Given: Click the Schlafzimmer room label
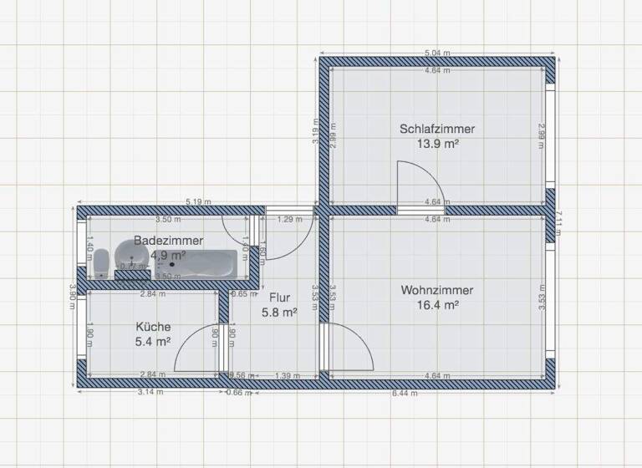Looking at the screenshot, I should pyautogui.click(x=436, y=130).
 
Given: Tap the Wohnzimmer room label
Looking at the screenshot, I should pyautogui.click(x=436, y=290).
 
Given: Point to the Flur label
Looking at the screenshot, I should pyautogui.click(x=279, y=297).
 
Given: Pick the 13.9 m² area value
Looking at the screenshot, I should pyautogui.click(x=436, y=144).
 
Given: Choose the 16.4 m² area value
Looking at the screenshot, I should pyautogui.click(x=436, y=305).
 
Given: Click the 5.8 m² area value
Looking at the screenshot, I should pyautogui.click(x=279, y=312).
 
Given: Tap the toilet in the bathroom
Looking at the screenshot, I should pyautogui.click(x=101, y=262).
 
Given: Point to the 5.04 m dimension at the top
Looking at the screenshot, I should pyautogui.click(x=437, y=53).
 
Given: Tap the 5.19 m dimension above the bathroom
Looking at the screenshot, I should pyautogui.click(x=198, y=201).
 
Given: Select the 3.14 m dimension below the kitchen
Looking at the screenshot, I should pyautogui.click(x=150, y=391).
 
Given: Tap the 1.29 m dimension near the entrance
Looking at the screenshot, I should pyautogui.click(x=288, y=219).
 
